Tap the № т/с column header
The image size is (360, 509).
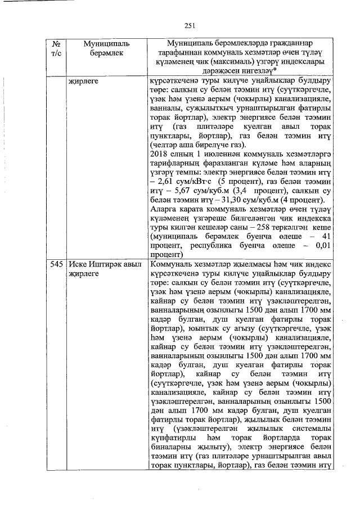point(56,48)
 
